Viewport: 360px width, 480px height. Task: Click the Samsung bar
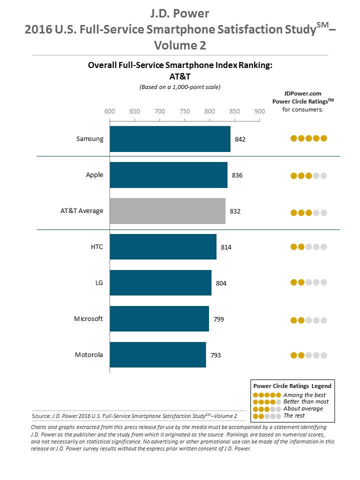[170, 139]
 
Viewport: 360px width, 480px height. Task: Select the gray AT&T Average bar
[167, 211]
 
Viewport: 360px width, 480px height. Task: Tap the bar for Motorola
[157, 355]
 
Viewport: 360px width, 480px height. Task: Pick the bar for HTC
[163, 247]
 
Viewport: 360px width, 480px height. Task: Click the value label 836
[237, 175]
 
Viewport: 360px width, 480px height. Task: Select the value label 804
[221, 283]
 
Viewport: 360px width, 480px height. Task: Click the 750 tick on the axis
[184, 111]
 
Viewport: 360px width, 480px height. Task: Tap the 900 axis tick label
[259, 111]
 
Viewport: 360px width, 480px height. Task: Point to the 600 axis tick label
[109, 111]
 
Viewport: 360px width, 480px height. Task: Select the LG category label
[98, 282]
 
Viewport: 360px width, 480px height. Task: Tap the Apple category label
[94, 174]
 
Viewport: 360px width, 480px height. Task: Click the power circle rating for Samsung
[308, 138]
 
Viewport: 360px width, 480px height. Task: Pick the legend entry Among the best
[303, 395]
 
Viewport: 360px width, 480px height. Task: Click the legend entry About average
[303, 409]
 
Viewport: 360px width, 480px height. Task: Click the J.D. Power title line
[180, 12]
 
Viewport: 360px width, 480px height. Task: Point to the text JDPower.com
[303, 93]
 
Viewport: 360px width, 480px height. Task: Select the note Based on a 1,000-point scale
[179, 87]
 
